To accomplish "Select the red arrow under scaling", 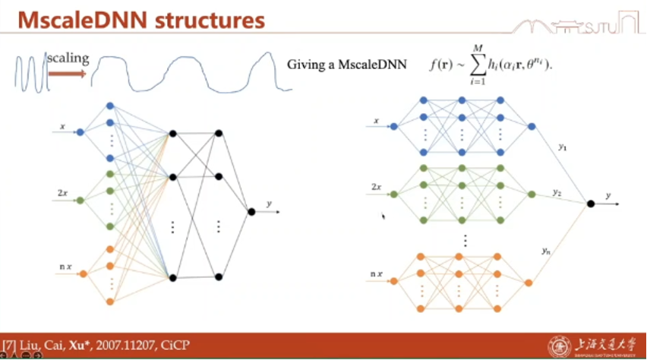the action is tap(68, 74).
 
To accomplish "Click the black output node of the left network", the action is tap(251, 211).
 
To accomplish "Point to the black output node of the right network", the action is tap(590, 203).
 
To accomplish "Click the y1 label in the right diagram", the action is tap(562, 147).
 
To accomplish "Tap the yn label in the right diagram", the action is tap(546, 250).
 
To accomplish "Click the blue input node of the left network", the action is tap(80, 131).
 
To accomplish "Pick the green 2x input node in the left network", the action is tap(80, 201).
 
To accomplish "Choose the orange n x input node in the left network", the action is tap(82, 273).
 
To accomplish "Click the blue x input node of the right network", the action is tap(393, 127).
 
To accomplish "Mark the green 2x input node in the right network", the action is tap(393, 194).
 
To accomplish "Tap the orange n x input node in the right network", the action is tap(393, 282).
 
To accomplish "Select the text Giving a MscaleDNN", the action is tap(347, 65).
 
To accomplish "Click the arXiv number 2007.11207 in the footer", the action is tap(114, 346).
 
